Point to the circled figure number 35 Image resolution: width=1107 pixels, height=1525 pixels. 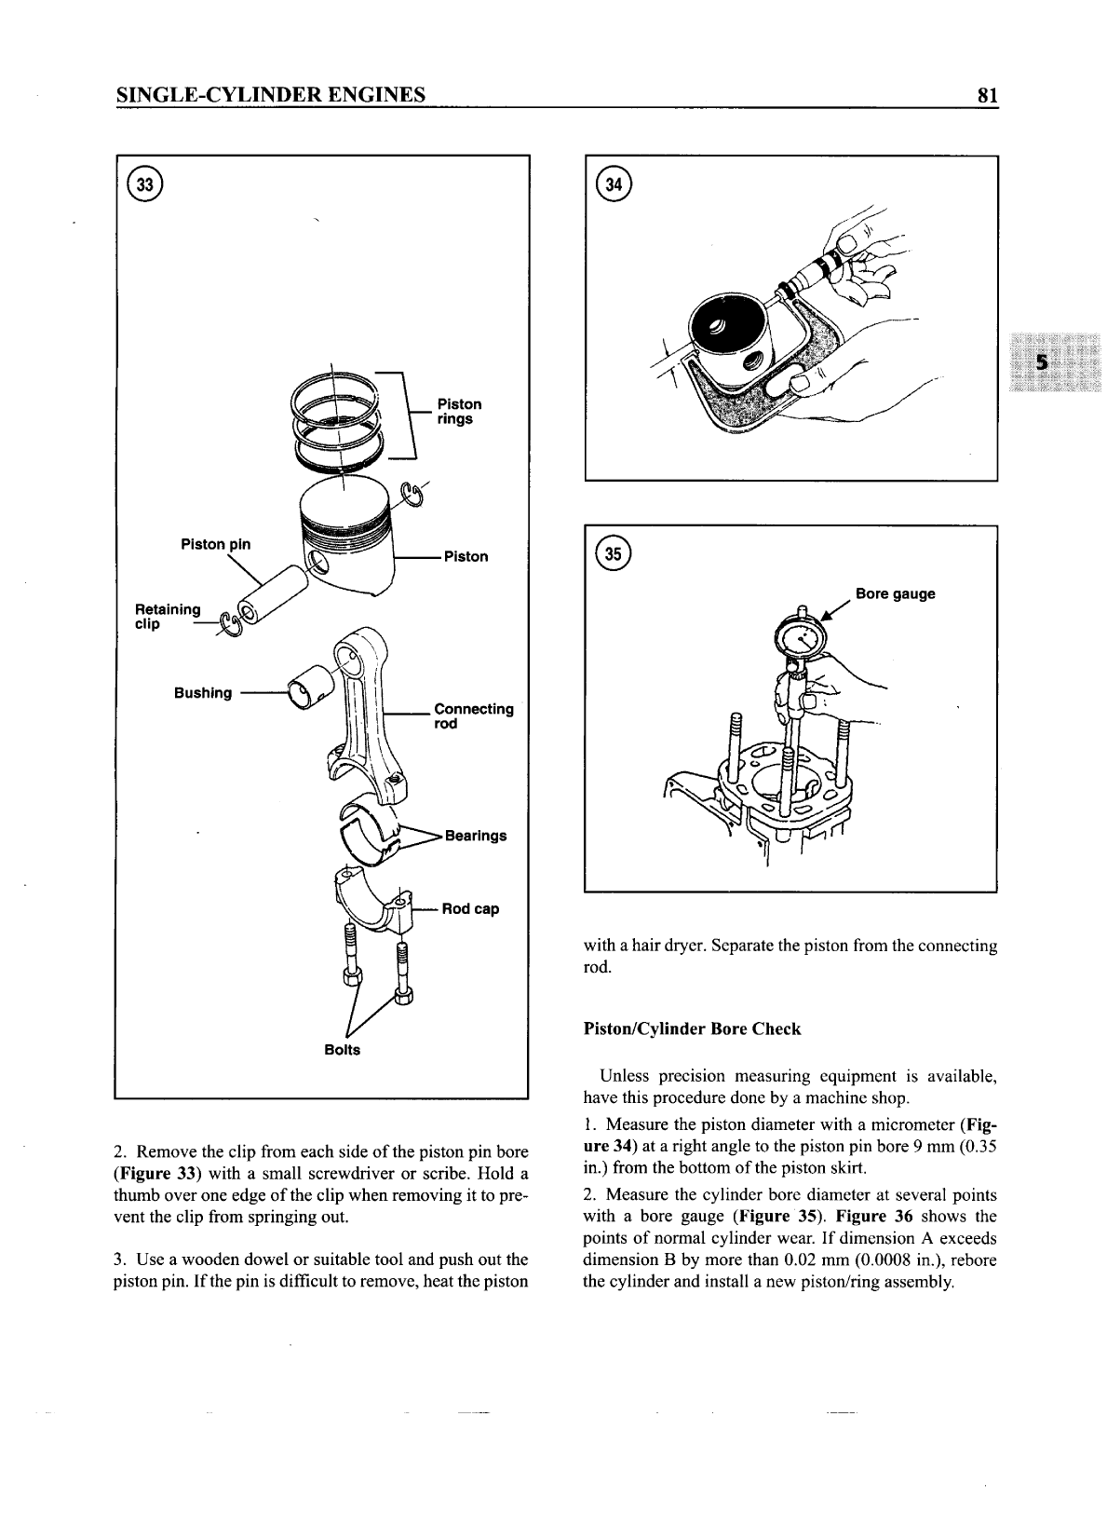pyautogui.click(x=615, y=553)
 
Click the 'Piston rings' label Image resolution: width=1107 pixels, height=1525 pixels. pyautogui.click(x=459, y=411)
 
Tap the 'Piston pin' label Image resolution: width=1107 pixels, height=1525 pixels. pyautogui.click(x=215, y=544)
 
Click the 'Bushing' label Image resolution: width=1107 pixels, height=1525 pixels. pyautogui.click(x=203, y=692)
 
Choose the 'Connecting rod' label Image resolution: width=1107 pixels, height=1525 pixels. pyautogui.click(x=473, y=715)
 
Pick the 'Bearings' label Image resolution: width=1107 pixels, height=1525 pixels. pyautogui.click(x=476, y=835)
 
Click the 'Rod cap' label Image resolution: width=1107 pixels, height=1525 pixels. pyautogui.click(x=470, y=908)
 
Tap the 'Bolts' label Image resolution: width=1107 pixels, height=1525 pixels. pyautogui.click(x=342, y=1049)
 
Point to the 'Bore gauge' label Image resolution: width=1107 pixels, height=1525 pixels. pyautogui.click(x=895, y=593)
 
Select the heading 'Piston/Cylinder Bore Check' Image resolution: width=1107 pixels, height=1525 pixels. pyautogui.click(x=692, y=1028)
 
